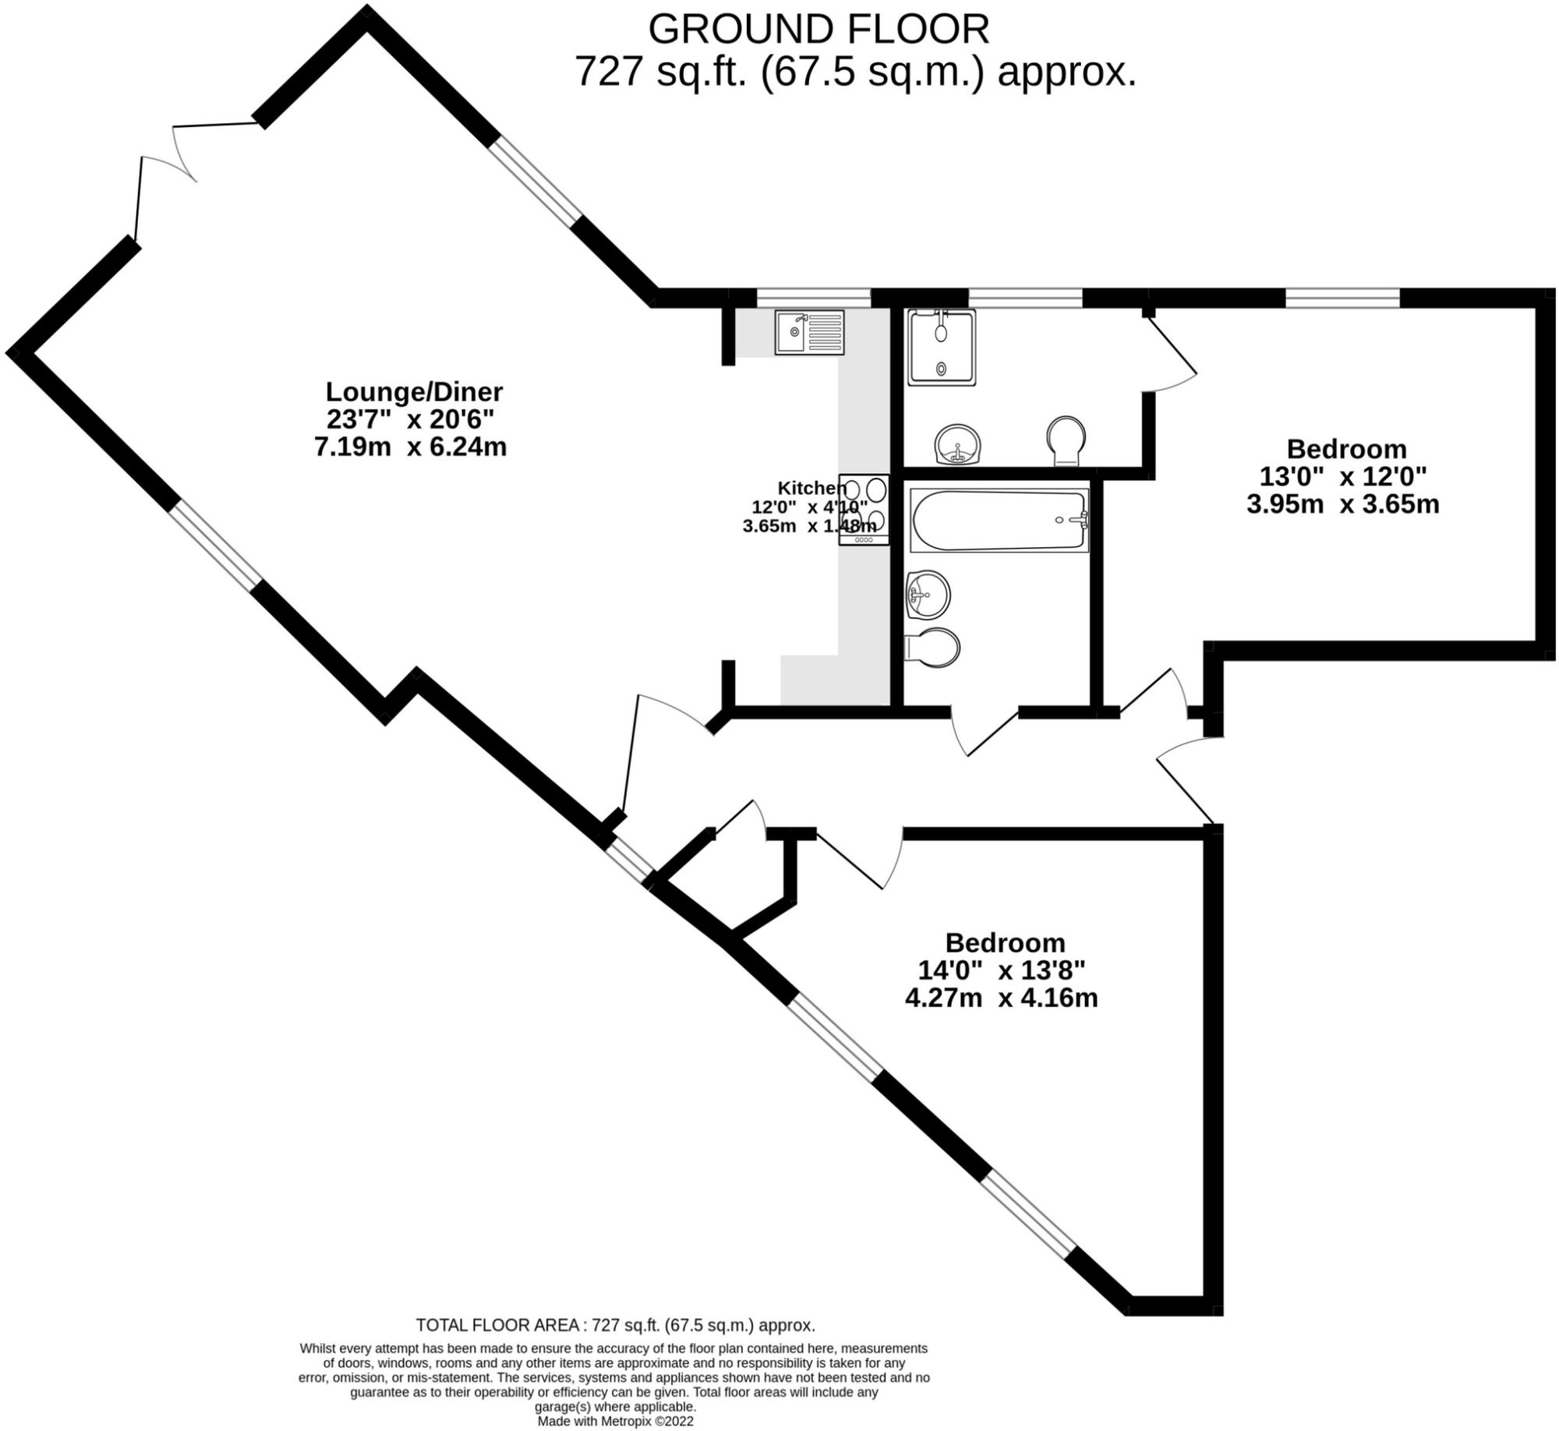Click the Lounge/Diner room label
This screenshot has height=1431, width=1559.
tap(414, 390)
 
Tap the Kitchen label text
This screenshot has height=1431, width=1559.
tap(811, 489)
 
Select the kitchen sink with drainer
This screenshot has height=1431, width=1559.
tap(809, 333)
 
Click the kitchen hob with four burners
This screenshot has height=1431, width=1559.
tap(864, 510)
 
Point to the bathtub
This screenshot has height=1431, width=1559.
tap(999, 520)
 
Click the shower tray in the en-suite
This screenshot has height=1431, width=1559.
tap(942, 348)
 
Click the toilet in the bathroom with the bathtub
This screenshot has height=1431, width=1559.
tap(933, 647)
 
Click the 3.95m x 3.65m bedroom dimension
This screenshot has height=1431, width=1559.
tap(1342, 504)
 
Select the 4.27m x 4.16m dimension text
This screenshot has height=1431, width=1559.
tap(1001, 998)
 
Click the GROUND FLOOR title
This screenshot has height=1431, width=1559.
tap(818, 30)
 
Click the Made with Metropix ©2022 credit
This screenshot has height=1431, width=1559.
tap(615, 1422)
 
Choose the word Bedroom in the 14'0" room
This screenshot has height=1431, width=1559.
tap(1005, 943)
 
